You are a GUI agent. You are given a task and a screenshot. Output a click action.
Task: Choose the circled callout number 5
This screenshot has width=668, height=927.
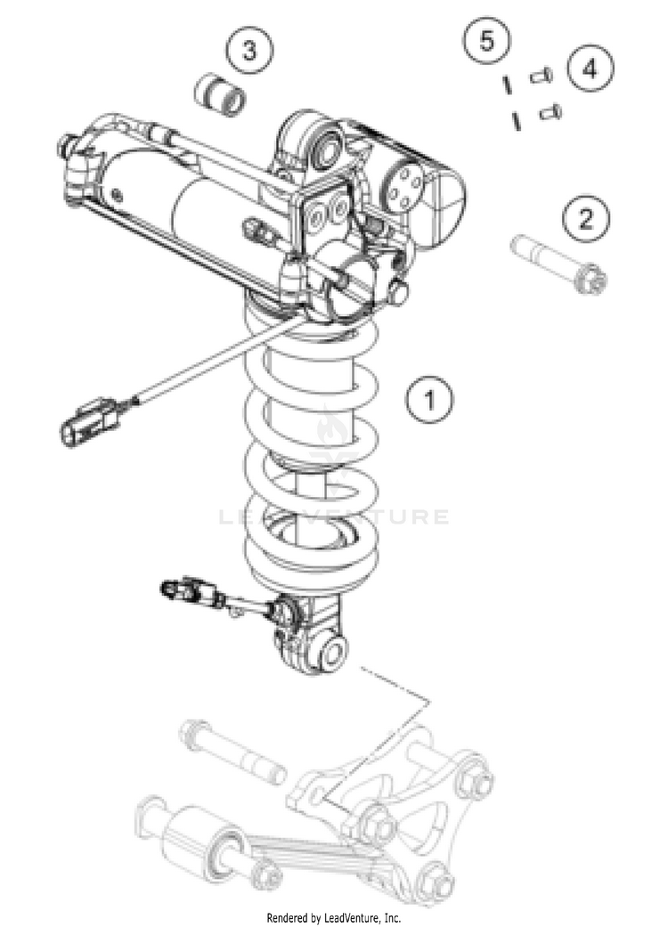coord(486,41)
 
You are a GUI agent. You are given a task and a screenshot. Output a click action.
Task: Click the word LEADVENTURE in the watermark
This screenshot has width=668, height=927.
coord(334,516)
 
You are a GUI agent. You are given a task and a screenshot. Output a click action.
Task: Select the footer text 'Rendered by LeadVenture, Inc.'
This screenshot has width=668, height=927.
coord(334,916)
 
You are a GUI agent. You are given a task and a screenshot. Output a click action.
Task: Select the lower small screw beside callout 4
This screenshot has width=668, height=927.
coord(551,112)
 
